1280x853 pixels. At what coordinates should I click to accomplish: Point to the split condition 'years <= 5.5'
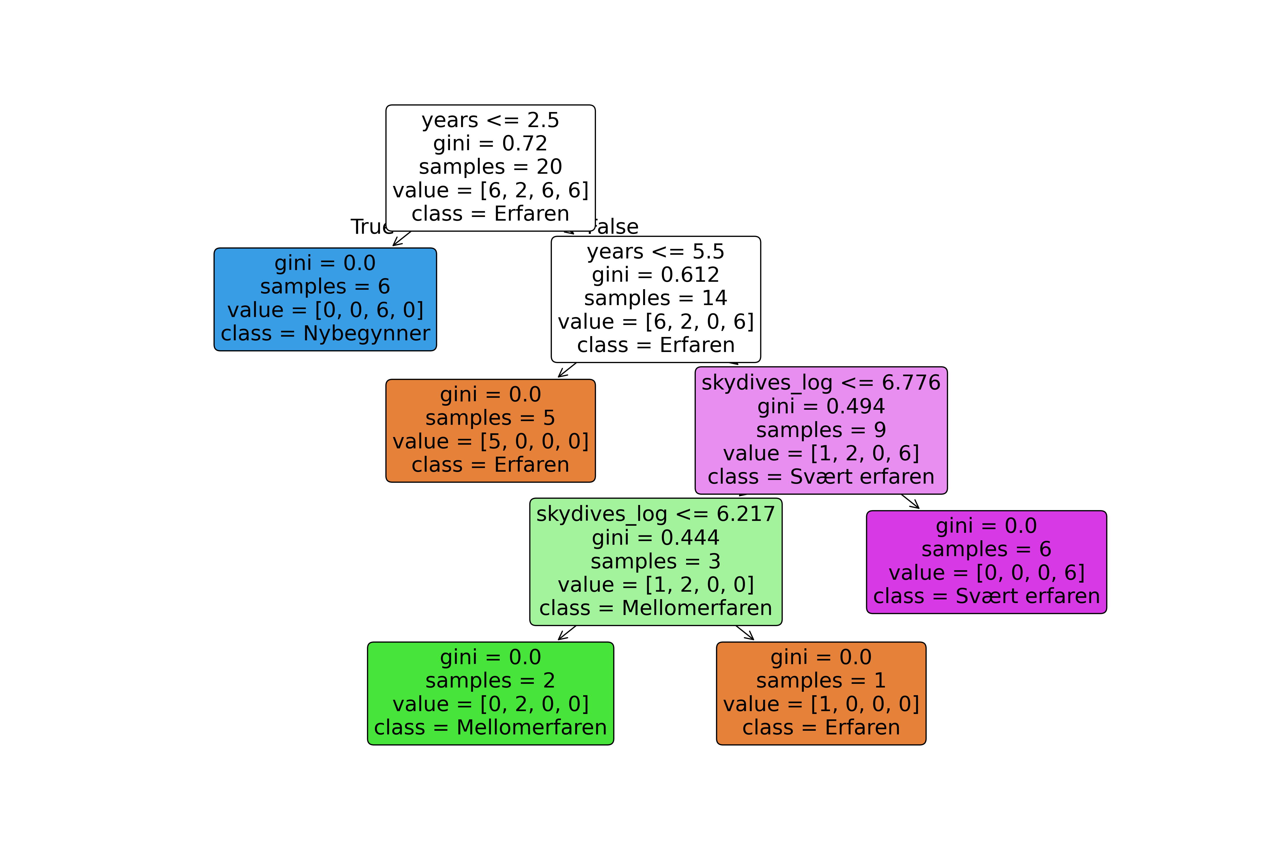(x=655, y=251)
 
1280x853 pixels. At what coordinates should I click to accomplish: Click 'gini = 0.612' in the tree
(x=655, y=275)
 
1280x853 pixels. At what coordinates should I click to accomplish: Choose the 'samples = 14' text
(x=655, y=298)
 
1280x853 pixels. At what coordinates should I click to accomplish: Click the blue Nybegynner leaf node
(x=325, y=299)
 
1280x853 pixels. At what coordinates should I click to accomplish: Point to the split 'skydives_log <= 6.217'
(x=655, y=514)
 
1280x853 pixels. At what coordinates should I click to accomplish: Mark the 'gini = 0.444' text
(x=655, y=537)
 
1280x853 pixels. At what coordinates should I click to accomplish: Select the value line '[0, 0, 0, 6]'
(x=986, y=573)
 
